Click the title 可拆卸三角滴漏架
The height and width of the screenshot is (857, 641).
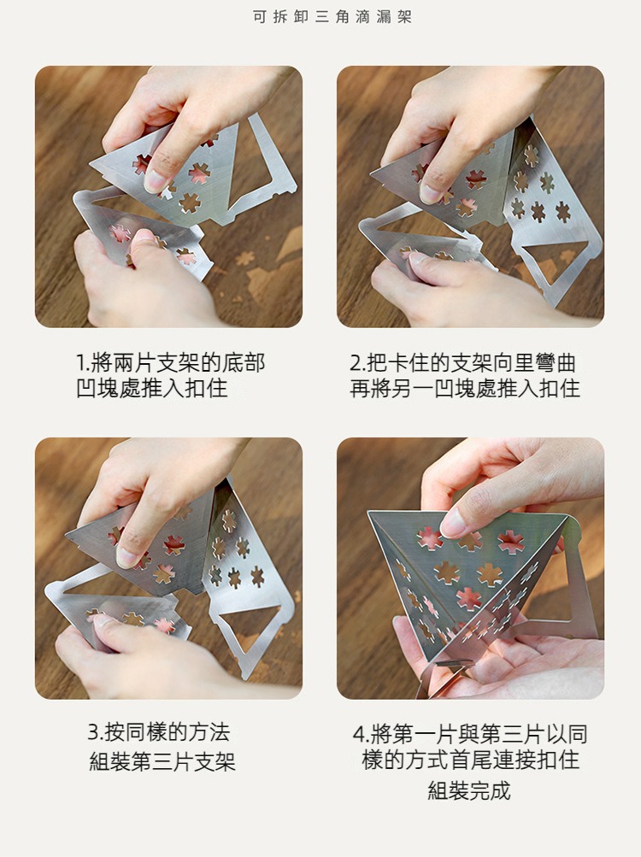(x=332, y=17)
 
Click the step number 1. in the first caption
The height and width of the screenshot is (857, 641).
(x=84, y=362)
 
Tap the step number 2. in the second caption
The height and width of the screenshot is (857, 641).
(x=358, y=362)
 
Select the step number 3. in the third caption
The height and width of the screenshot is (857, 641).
(x=96, y=732)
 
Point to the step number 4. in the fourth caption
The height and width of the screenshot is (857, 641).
(x=361, y=733)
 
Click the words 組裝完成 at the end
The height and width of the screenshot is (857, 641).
(x=468, y=790)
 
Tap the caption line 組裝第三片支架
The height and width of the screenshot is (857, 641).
(x=162, y=760)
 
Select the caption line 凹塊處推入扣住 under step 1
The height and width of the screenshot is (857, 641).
(x=151, y=388)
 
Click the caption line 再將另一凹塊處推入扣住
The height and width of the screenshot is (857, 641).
(x=465, y=388)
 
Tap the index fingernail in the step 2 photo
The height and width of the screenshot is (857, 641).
(x=430, y=193)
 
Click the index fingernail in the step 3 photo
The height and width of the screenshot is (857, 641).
(x=126, y=557)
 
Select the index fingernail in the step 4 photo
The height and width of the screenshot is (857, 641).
(x=453, y=524)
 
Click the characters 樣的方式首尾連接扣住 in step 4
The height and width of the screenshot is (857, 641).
(x=470, y=760)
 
